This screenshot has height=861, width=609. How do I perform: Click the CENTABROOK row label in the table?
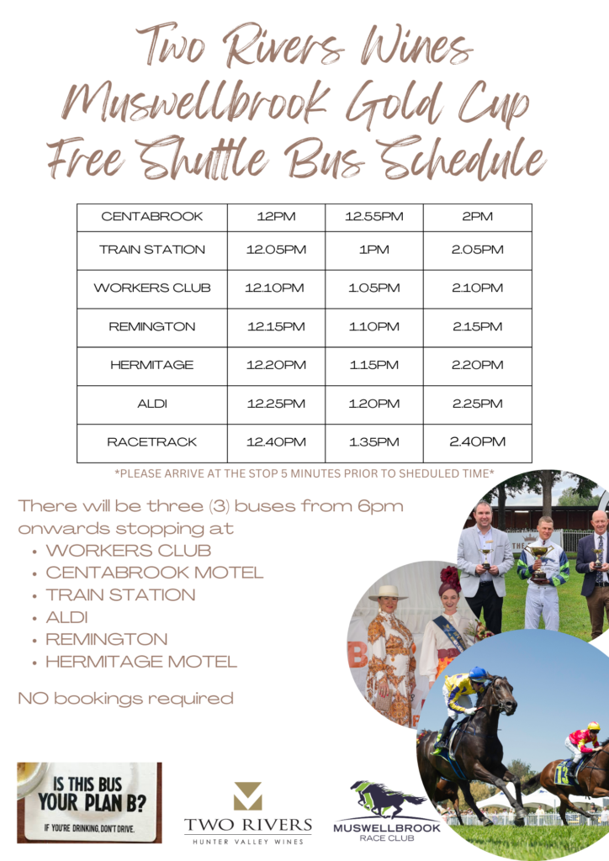[x=152, y=216]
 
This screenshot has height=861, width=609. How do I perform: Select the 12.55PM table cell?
[x=374, y=216]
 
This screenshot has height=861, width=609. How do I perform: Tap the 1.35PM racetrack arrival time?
[x=374, y=442]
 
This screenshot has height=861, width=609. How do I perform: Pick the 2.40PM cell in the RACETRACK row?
[x=477, y=442]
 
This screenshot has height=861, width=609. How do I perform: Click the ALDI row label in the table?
[x=152, y=404]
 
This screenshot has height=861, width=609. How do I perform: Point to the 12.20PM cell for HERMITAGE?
[x=276, y=365]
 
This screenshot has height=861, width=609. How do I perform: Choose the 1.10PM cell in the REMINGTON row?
[x=374, y=327]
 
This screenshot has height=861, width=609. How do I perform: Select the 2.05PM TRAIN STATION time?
[x=477, y=250]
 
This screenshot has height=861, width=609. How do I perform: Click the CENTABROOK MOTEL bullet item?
[x=155, y=573]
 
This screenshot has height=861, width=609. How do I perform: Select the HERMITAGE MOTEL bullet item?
[x=141, y=662]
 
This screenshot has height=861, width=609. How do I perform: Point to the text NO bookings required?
[x=126, y=699]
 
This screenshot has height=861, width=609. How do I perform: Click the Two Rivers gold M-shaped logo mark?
[x=247, y=796]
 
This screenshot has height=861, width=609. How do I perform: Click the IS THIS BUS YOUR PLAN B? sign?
[x=89, y=802]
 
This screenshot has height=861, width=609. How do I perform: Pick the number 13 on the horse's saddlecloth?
[x=561, y=774]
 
